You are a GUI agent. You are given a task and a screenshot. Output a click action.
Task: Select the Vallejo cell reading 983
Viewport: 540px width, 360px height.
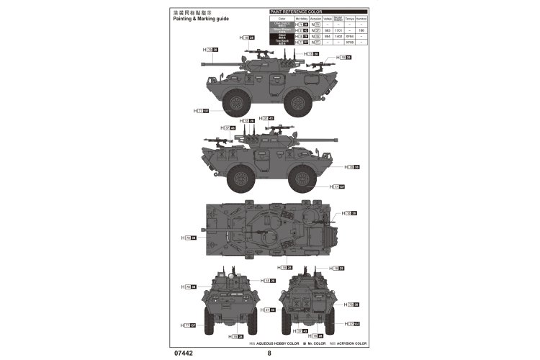(x=327, y=30)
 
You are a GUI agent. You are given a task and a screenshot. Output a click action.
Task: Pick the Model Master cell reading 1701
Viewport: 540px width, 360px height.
(x=338, y=30)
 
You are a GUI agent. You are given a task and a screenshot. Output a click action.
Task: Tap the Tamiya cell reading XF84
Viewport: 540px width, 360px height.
(x=349, y=37)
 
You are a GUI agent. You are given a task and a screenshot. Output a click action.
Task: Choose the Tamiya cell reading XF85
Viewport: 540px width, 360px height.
(x=349, y=43)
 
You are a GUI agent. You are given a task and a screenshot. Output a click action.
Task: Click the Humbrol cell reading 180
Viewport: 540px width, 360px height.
(x=361, y=30)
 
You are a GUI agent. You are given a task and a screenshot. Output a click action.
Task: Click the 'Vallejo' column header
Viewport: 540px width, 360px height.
(x=327, y=19)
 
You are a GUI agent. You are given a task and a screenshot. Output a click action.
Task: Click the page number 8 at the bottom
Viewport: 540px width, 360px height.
(x=269, y=353)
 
